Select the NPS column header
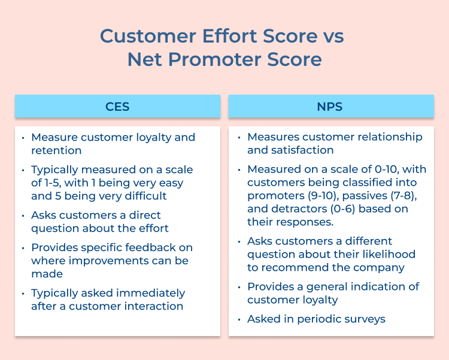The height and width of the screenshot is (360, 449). click(x=331, y=107)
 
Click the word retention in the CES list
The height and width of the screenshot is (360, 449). click(x=56, y=150)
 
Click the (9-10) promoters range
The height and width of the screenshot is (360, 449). click(x=318, y=195)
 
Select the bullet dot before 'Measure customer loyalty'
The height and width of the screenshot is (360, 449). click(x=23, y=138)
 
